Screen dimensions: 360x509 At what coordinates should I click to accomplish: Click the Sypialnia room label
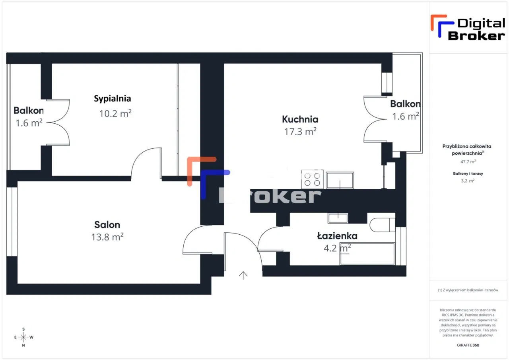[x=113, y=98]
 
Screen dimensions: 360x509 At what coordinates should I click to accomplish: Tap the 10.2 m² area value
[x=115, y=113]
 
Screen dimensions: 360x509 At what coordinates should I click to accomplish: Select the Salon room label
[x=107, y=225]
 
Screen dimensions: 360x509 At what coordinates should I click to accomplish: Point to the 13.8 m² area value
[x=107, y=237]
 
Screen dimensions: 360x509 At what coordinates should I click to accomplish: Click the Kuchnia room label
[x=300, y=119]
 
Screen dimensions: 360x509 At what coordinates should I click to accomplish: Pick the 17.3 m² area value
[x=300, y=132]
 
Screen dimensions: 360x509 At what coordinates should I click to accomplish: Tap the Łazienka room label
[x=337, y=236]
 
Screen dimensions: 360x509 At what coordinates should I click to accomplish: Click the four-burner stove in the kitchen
[x=312, y=179]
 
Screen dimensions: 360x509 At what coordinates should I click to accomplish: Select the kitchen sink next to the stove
[x=340, y=180]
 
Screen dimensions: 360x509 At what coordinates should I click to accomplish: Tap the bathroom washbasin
[x=338, y=218]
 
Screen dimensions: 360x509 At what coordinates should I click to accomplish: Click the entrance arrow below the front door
[x=243, y=274]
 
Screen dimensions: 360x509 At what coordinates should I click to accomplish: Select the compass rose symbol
[x=23, y=337]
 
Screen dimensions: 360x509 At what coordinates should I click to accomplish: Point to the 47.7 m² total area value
[x=468, y=162]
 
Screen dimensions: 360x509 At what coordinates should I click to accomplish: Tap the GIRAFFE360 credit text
[x=468, y=345]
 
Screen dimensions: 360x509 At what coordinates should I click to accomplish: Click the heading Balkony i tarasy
[x=468, y=173]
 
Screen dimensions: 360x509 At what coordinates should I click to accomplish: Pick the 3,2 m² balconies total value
[x=468, y=181]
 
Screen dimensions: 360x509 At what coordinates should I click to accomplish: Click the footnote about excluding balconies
[x=468, y=290]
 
